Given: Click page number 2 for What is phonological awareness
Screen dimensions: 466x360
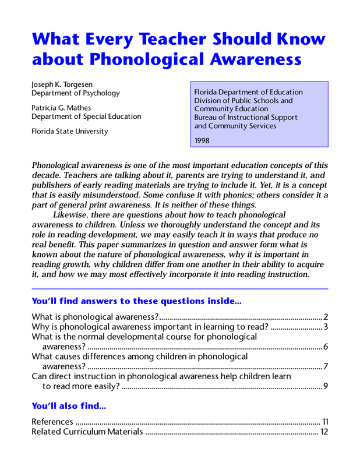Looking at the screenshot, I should point(326,316).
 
